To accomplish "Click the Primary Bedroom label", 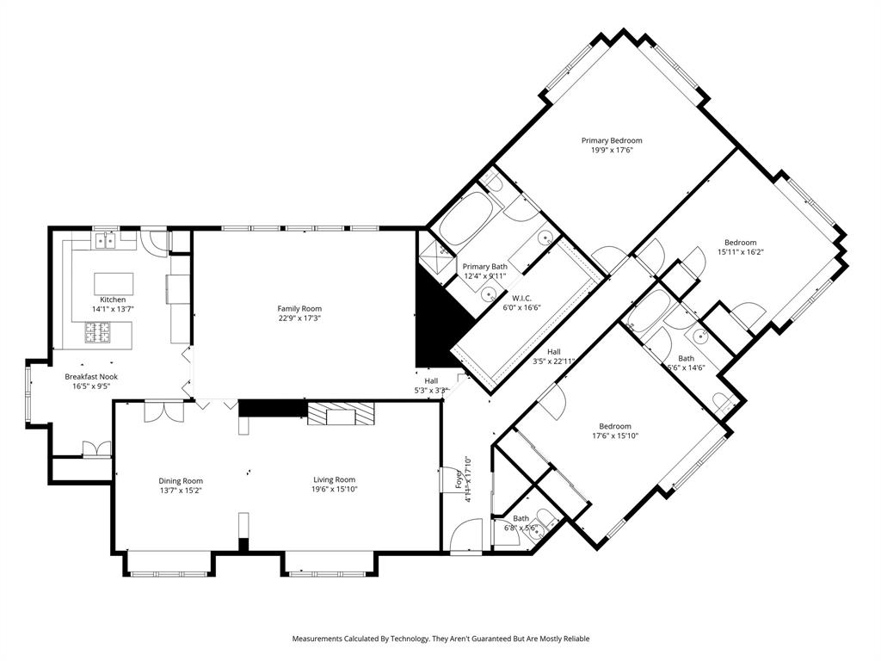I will tap(611, 140).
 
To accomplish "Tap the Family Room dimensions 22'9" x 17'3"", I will tap(299, 318).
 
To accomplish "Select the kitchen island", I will tap(114, 284).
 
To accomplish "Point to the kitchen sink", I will tap(105, 241).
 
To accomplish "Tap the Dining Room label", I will tap(180, 480).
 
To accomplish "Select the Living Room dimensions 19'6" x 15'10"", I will tap(333, 490).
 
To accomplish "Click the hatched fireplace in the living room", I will tap(342, 415).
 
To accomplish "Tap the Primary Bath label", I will tap(484, 267).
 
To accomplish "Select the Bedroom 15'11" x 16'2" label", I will tap(740, 243).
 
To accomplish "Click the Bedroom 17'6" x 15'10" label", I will tap(615, 426).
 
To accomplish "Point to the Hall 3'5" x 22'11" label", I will tap(553, 351).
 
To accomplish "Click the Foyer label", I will tap(458, 480).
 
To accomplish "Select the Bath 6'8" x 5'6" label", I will tap(521, 518).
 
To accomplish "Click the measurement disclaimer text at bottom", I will tap(440, 639).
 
